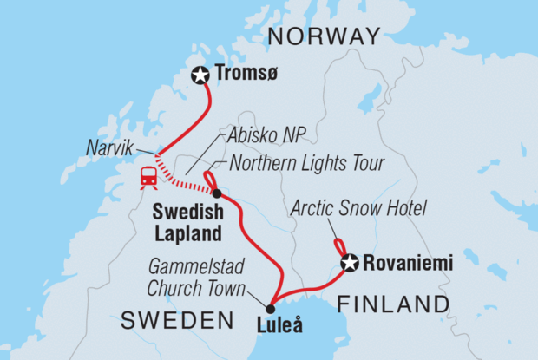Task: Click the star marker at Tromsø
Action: pyautogui.click(x=201, y=75)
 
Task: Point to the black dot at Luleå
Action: pyautogui.click(x=270, y=309)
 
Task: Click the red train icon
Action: pyautogui.click(x=148, y=176)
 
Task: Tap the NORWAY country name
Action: pyautogui.click(x=323, y=36)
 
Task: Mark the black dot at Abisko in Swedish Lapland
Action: pyautogui.click(x=216, y=193)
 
